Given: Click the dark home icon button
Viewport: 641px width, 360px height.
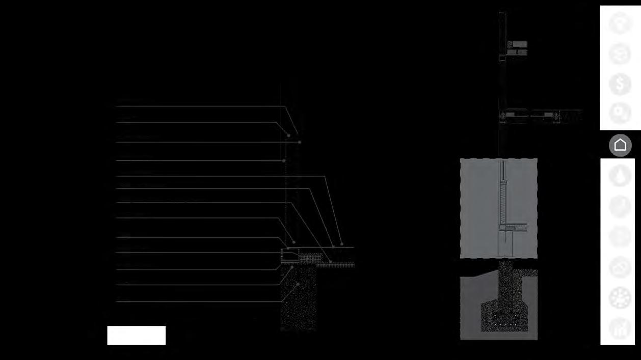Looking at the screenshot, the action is (620, 145).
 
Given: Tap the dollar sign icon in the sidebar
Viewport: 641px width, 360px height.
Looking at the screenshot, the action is (620, 85).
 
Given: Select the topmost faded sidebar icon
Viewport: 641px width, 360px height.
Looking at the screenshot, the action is (620, 23).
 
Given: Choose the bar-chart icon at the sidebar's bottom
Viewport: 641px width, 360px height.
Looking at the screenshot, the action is (620, 328).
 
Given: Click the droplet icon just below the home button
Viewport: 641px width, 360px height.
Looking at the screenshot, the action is (620, 176).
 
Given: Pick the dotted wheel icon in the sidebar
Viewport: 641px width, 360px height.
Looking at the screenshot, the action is (620, 298).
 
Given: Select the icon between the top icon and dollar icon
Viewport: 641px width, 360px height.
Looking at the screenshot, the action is (620, 54).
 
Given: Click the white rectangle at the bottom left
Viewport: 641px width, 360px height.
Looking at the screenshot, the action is (136, 335).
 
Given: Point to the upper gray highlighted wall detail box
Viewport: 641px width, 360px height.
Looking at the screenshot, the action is (498, 208).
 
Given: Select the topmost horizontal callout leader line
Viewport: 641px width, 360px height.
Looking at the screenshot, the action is (199, 106).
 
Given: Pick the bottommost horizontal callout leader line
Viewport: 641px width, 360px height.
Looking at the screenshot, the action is (199, 302).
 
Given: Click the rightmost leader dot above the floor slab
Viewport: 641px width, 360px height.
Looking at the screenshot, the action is (341, 244).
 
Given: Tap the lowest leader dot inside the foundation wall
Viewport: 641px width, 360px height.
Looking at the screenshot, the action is (298, 284).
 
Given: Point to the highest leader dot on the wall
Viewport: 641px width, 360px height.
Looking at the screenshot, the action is (288, 135).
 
